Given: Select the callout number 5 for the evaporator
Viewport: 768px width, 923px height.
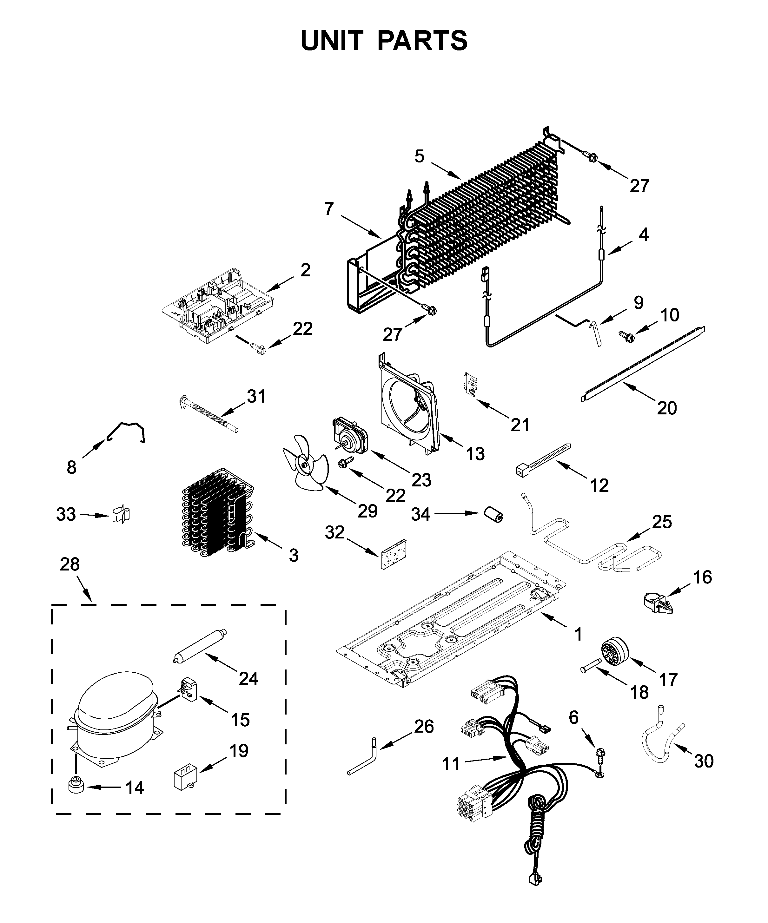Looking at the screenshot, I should [419, 156].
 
